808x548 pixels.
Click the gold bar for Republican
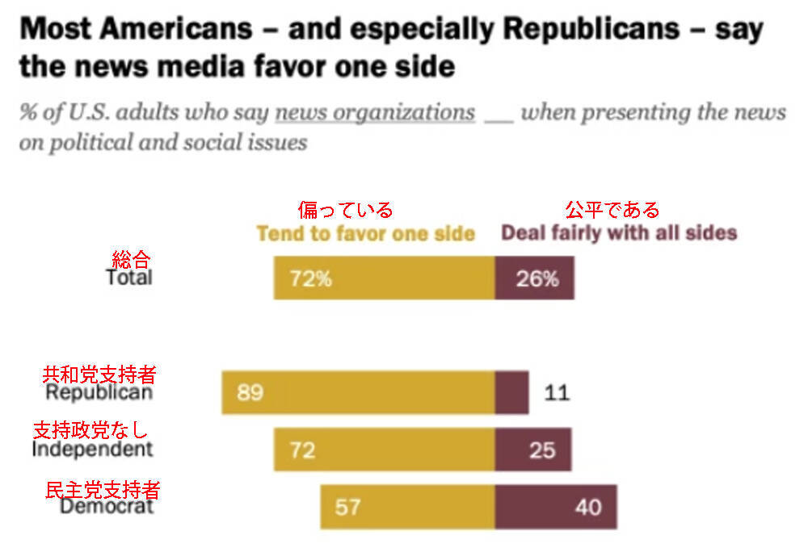pyautogui.click(x=358, y=393)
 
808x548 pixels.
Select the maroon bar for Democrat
pyautogui.click(x=556, y=507)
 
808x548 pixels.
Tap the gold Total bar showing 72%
pyautogui.click(x=384, y=278)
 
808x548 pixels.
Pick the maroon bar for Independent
pyautogui.click(x=533, y=450)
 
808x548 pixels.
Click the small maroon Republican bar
pyautogui.click(x=511, y=393)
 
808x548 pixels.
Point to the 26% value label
pyautogui.click(x=537, y=279)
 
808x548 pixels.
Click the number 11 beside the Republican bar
pyautogui.click(x=557, y=393)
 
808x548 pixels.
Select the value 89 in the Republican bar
pyautogui.click(x=250, y=393)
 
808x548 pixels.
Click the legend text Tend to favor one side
pyautogui.click(x=365, y=233)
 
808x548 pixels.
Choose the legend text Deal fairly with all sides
pyautogui.click(x=619, y=233)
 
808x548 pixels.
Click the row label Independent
pyautogui.click(x=92, y=449)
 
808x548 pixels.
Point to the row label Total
pyautogui.click(x=129, y=278)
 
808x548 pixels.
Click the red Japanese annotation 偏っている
pyautogui.click(x=345, y=210)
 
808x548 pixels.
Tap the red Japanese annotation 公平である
pyautogui.click(x=612, y=210)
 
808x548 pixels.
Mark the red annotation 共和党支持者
pyautogui.click(x=99, y=374)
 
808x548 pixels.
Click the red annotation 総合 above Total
pyautogui.click(x=130, y=259)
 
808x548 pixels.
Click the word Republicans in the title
pyautogui.click(x=590, y=30)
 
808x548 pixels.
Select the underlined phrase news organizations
pyautogui.click(x=375, y=112)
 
